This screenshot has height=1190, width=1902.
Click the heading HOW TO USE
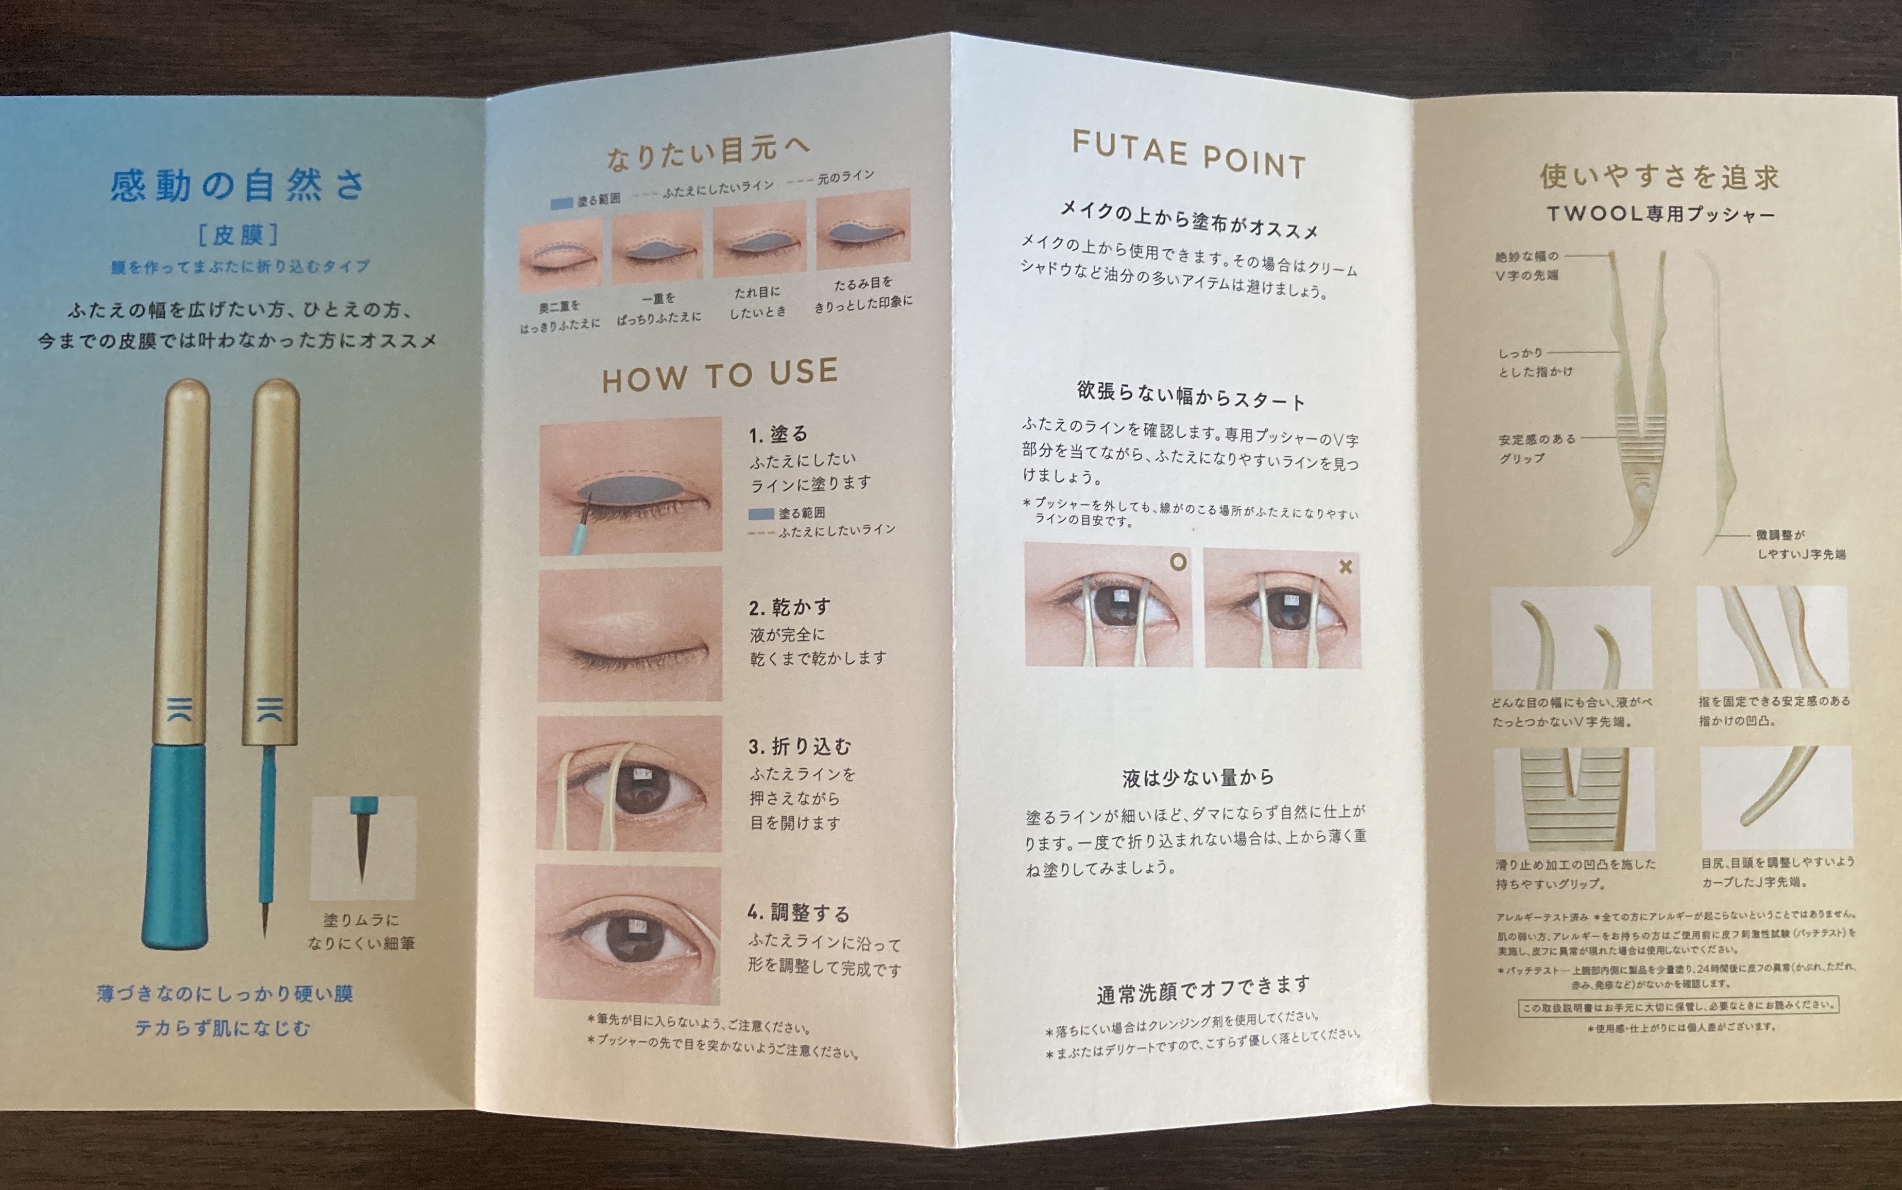[720, 375]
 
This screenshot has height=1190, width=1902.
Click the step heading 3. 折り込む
[800, 746]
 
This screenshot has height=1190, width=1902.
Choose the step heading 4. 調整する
[799, 913]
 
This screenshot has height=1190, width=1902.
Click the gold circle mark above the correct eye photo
[1178, 562]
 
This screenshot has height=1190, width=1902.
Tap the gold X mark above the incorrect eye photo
[1346, 566]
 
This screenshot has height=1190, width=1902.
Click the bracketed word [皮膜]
[238, 234]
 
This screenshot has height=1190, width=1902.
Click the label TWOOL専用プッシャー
[1661, 214]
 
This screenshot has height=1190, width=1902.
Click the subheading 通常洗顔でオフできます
[1204, 990]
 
